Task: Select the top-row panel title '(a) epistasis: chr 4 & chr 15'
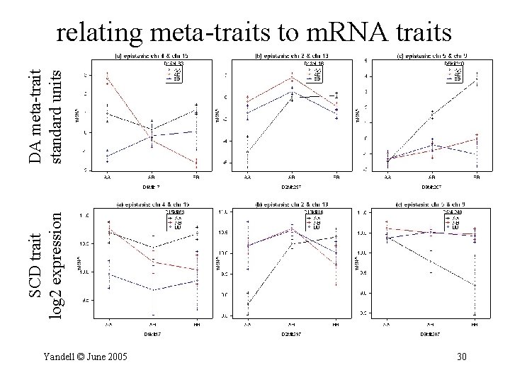(x=152, y=56)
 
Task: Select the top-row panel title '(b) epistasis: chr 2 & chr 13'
(x=291, y=56)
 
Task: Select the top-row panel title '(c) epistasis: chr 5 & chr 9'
(x=431, y=56)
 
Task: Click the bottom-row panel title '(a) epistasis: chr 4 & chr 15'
(x=152, y=204)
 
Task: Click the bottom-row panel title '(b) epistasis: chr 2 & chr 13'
(x=291, y=204)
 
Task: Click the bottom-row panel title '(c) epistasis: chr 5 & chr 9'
(x=431, y=204)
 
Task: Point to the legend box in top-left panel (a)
(x=174, y=71)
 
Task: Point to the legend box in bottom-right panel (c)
(x=453, y=220)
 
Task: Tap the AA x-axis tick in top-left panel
(x=107, y=176)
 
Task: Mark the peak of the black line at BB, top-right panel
(x=476, y=81)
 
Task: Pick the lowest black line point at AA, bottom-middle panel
(x=247, y=303)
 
